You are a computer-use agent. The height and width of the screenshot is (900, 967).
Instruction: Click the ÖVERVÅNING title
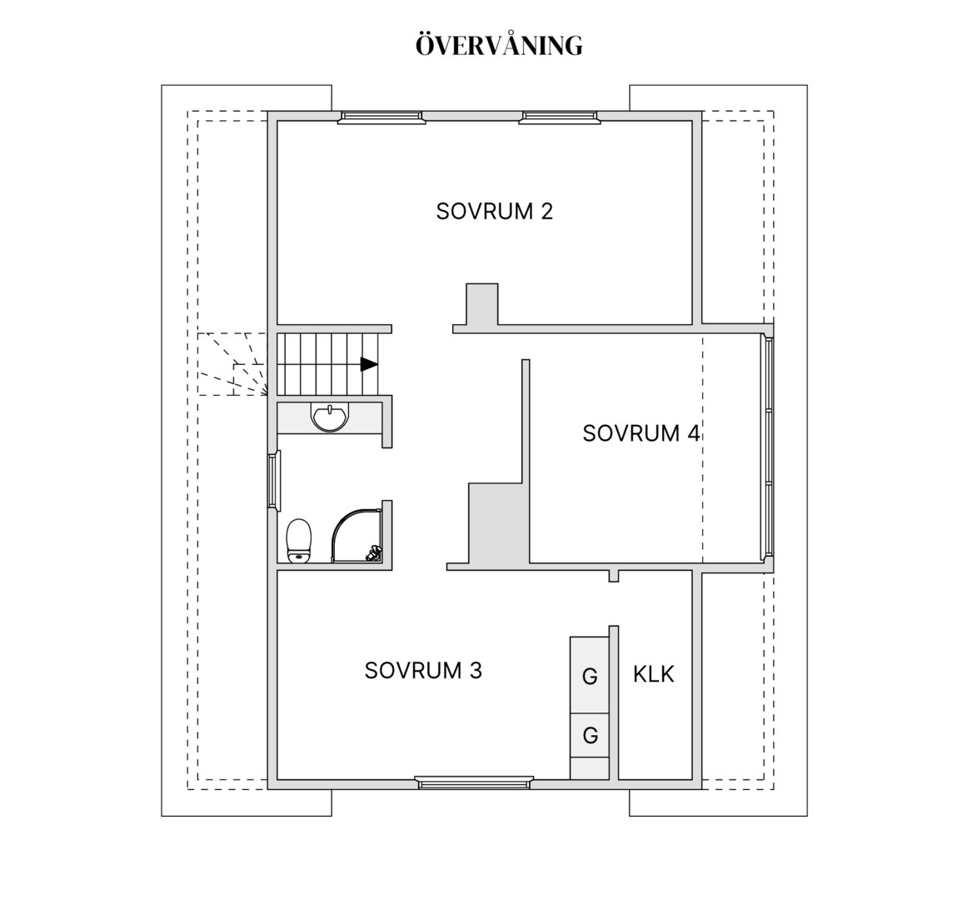499,45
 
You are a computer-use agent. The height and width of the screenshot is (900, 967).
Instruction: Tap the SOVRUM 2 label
495,212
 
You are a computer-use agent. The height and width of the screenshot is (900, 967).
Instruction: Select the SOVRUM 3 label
423,671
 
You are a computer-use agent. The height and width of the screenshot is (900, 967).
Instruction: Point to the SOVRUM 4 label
641,433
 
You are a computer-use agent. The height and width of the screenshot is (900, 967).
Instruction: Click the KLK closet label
654,675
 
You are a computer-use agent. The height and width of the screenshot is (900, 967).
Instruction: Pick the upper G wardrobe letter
591,677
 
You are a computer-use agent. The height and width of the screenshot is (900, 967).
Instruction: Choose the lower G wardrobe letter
591,735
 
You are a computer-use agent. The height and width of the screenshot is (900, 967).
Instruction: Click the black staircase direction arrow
369,364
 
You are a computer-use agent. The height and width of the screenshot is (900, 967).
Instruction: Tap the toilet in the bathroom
299,541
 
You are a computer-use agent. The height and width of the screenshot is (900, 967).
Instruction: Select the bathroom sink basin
331,417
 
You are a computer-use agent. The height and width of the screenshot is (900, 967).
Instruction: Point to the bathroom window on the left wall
274,481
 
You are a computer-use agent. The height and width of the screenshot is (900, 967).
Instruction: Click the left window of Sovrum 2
381,117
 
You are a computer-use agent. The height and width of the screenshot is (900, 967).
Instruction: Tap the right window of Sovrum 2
560,117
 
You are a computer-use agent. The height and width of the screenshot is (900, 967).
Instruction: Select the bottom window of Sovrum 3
474,782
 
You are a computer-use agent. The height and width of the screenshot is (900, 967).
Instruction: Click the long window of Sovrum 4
768,447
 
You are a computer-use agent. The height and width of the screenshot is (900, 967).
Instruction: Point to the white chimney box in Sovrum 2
481,304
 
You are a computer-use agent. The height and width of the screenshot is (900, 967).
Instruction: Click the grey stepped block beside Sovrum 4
498,523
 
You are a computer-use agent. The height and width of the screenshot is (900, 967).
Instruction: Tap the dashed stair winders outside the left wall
232,364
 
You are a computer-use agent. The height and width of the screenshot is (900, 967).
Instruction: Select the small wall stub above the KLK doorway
614,576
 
